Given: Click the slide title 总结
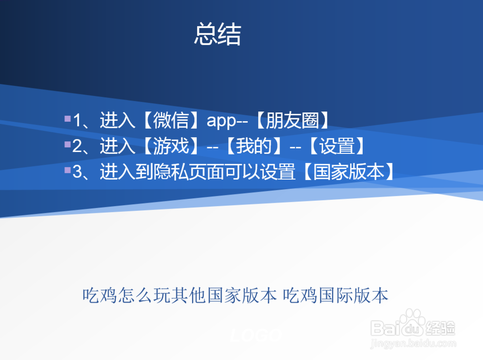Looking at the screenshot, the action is (x=217, y=34).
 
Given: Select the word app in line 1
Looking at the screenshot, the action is (x=221, y=122).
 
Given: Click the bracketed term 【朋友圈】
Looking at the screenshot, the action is (x=292, y=120).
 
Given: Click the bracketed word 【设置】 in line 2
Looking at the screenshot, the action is (x=337, y=146).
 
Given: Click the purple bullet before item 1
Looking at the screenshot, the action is (x=68, y=118).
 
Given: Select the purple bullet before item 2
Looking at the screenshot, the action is (x=68, y=144).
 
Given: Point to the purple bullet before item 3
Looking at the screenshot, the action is (x=68, y=170).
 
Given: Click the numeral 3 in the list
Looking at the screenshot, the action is (x=77, y=172).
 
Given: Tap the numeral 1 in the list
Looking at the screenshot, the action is (x=77, y=121).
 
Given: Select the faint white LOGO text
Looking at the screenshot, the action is (x=256, y=335).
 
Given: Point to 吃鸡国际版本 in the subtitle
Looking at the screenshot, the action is (x=336, y=296).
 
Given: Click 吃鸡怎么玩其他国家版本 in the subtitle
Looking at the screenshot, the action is (x=180, y=296).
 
